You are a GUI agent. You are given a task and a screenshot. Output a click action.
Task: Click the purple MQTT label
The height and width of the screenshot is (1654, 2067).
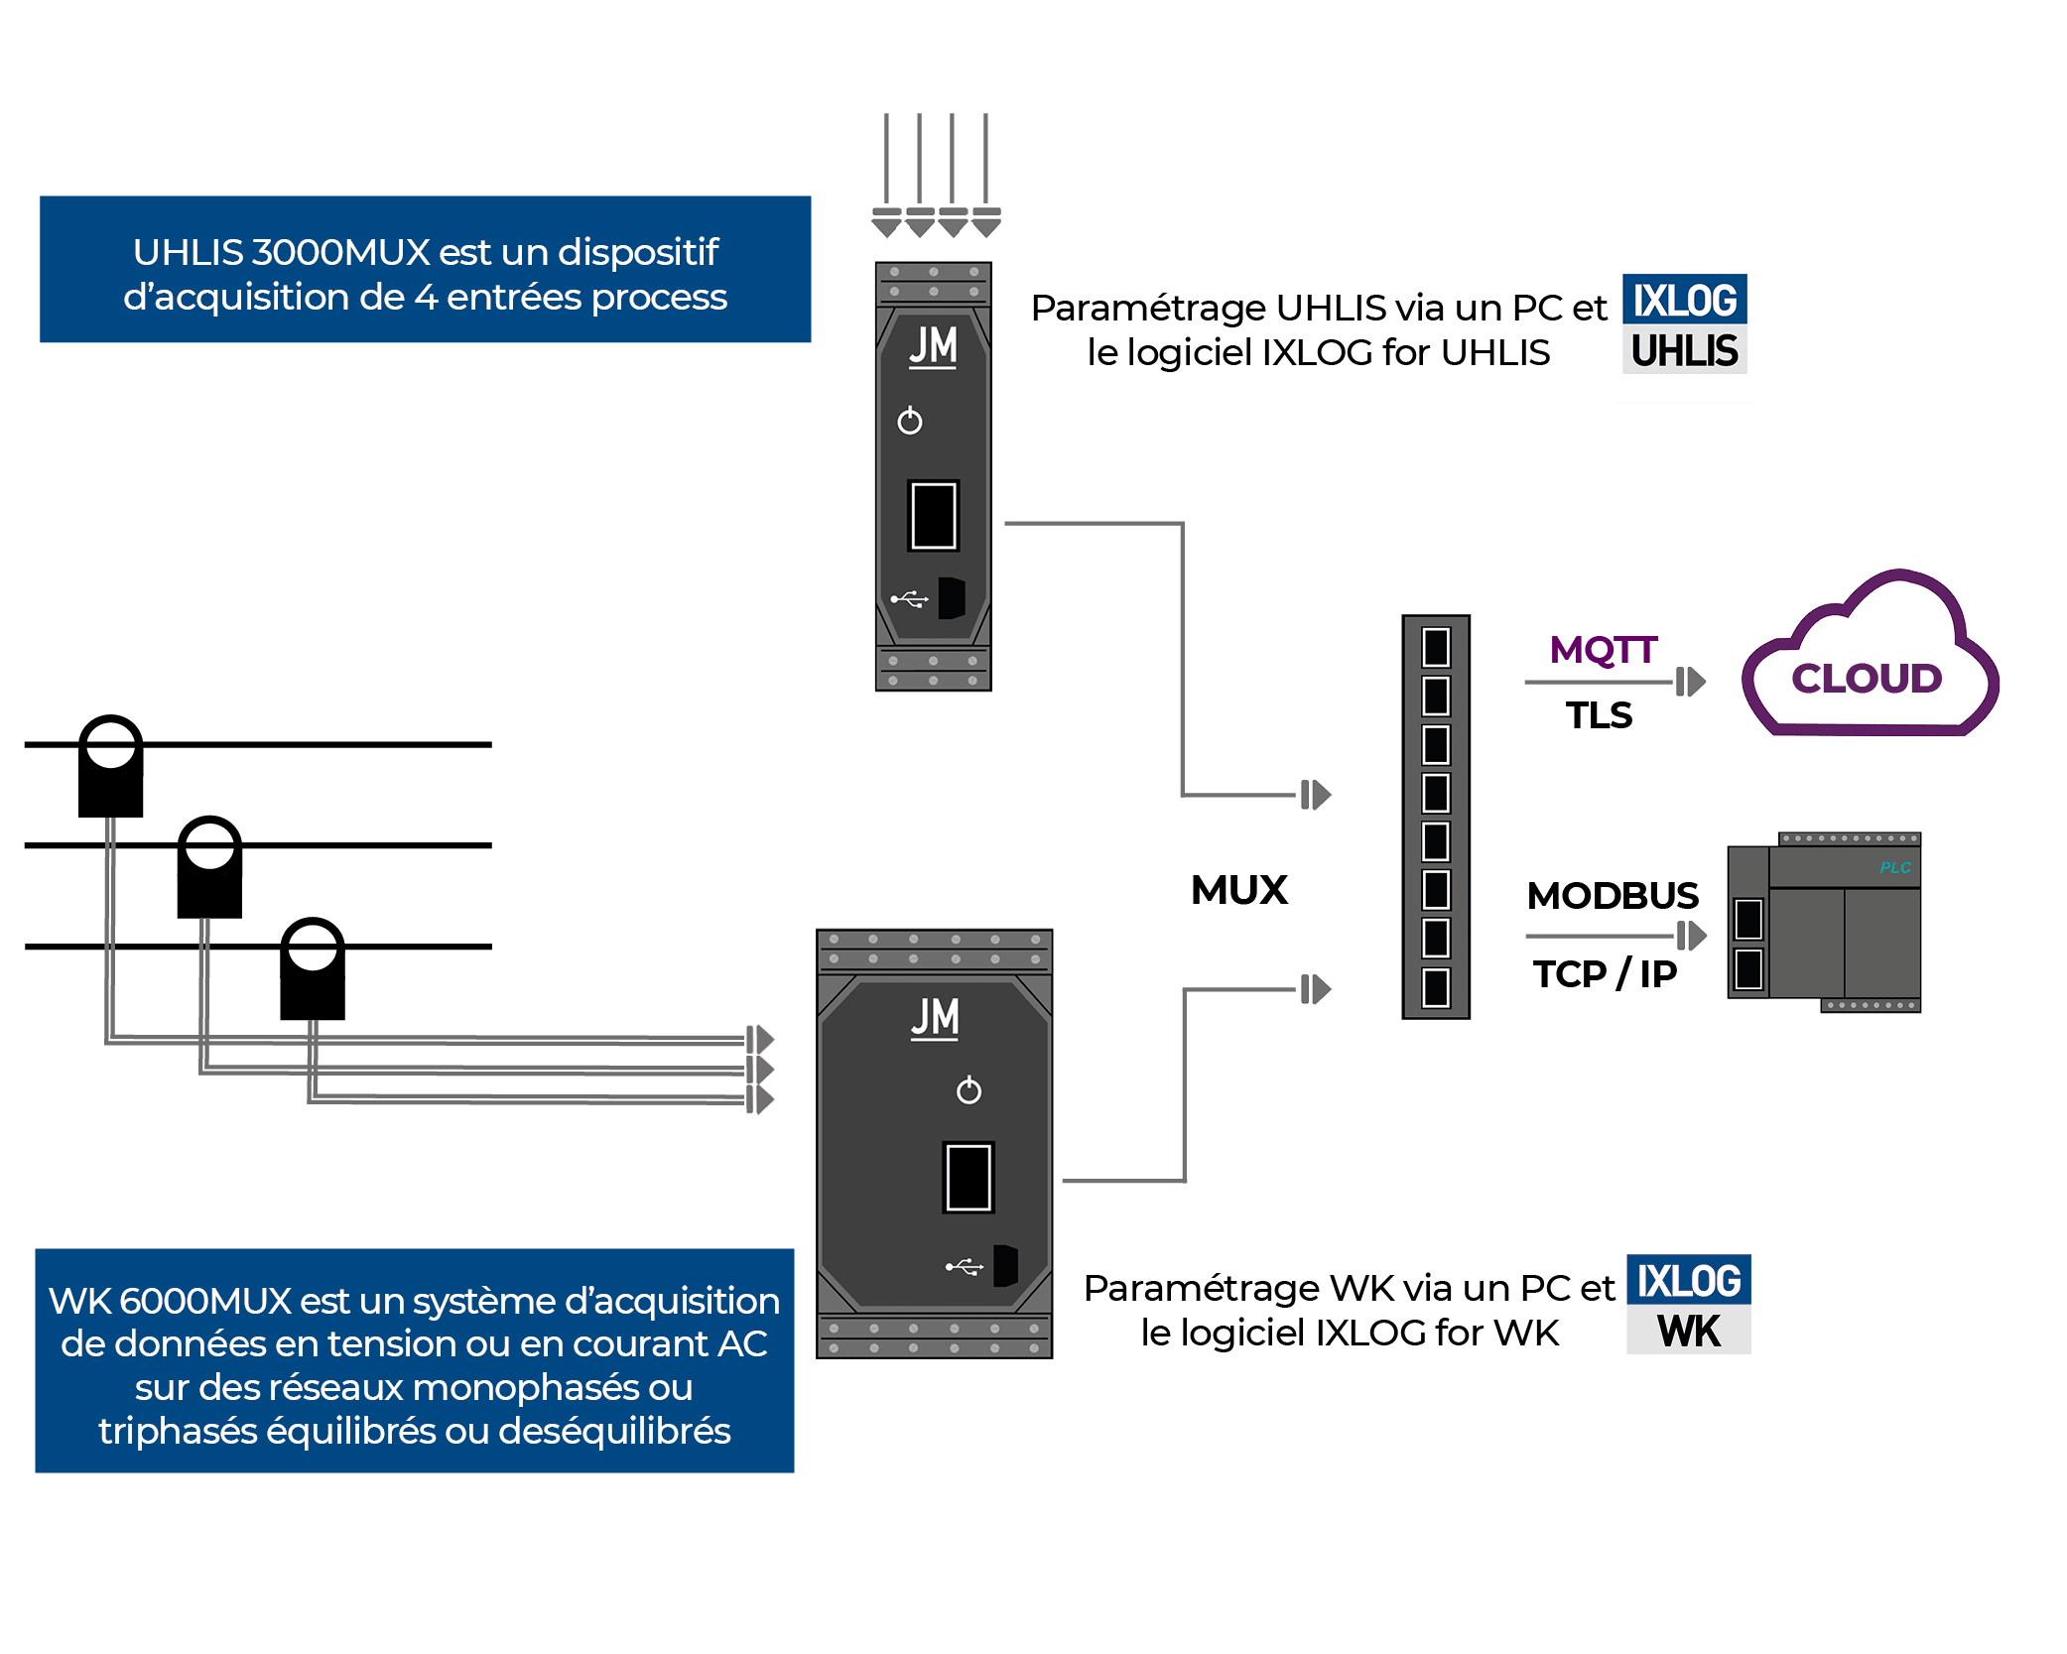pos(1603,650)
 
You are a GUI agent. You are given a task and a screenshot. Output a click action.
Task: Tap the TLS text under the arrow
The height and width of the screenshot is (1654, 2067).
pos(1599,715)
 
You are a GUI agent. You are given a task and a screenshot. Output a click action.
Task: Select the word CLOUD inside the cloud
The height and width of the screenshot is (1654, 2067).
pos(1866,679)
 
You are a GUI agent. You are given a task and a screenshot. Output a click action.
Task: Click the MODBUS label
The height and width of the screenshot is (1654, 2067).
pos(1613,896)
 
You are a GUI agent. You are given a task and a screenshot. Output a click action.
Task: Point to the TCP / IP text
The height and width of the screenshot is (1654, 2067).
pos(1605,974)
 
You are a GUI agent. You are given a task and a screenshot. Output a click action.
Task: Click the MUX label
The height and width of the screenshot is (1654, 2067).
pos(1239,890)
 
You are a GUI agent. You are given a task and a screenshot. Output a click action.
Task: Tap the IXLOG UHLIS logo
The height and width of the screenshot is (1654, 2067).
pos(1685,328)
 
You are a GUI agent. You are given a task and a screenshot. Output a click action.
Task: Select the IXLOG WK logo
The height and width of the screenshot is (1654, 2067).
pos(1689,1309)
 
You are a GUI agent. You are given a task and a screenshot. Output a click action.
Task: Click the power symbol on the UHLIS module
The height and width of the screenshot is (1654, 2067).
pos(909,422)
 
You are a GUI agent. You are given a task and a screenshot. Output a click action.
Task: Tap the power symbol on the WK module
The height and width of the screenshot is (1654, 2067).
pos(969,1090)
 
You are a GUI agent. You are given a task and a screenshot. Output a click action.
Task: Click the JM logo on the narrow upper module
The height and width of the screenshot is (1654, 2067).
pos(933,347)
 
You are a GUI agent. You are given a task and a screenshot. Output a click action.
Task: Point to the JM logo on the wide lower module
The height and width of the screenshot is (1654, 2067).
pos(935,1019)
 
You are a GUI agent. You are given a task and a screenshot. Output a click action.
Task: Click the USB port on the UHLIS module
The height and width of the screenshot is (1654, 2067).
pos(951,597)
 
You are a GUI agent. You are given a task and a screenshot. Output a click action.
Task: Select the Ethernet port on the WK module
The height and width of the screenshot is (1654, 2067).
pos(968,1178)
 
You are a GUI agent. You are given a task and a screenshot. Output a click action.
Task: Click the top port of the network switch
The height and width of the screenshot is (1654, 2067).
pos(1436,648)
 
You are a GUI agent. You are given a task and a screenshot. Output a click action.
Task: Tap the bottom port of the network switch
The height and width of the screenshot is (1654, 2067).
pos(1436,987)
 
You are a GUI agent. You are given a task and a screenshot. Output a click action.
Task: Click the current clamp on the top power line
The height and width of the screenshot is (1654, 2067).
pos(111,766)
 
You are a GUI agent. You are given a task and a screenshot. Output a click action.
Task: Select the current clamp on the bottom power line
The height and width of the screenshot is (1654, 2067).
pos(313,968)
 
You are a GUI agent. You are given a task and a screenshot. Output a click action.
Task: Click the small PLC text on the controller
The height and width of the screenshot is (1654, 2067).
pos(1894,867)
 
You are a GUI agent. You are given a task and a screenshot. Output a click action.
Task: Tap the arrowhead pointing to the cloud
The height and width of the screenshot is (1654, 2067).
pos(1691,682)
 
